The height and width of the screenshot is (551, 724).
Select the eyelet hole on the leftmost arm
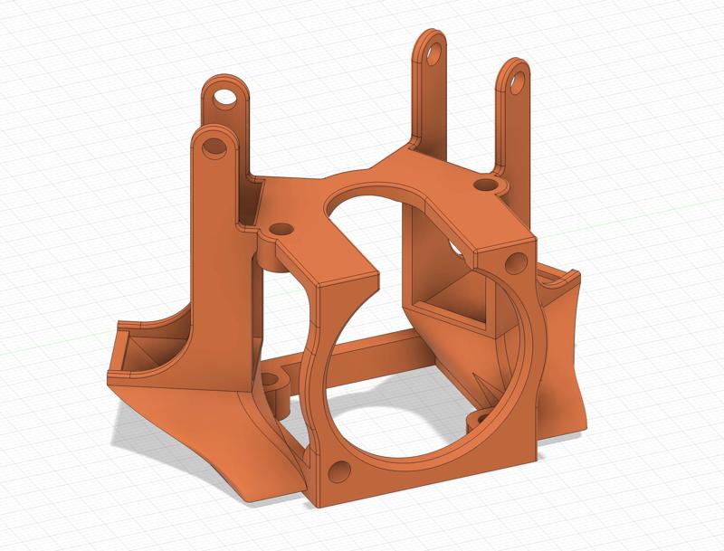tap(215, 145)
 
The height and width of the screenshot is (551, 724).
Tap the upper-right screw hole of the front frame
tap(516, 263)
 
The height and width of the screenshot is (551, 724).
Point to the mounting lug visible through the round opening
tap(477, 420)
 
